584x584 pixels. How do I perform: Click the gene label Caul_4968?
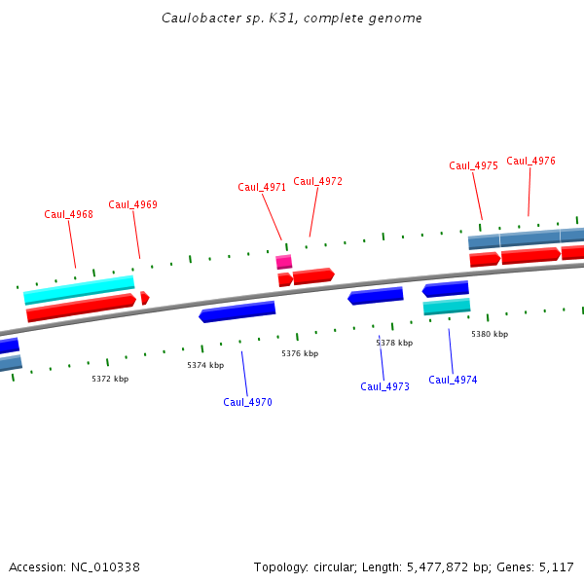coord(68,214)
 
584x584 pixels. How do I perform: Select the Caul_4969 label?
coord(132,204)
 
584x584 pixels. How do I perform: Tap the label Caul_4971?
coord(262,187)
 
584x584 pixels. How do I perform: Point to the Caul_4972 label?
coord(317,181)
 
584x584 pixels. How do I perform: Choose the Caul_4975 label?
coord(473,165)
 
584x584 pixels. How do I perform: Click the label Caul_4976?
coord(530,161)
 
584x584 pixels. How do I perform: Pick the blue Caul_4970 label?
coord(247,402)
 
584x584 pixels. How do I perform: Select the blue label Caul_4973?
coord(384,386)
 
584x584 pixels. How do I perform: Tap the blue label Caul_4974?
coord(453,380)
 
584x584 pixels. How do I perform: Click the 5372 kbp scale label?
coord(110,379)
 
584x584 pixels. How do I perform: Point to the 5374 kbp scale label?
coord(205,365)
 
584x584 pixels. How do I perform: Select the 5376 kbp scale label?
coord(300,353)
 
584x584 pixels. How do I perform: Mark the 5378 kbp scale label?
coord(394,343)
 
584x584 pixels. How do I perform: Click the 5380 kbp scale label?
coord(490,334)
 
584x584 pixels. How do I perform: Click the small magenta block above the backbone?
coord(283,262)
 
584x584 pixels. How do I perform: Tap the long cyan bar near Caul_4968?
coord(79,289)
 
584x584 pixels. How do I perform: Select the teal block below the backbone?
coord(447,307)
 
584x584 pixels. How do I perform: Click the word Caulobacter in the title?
coord(196,18)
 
